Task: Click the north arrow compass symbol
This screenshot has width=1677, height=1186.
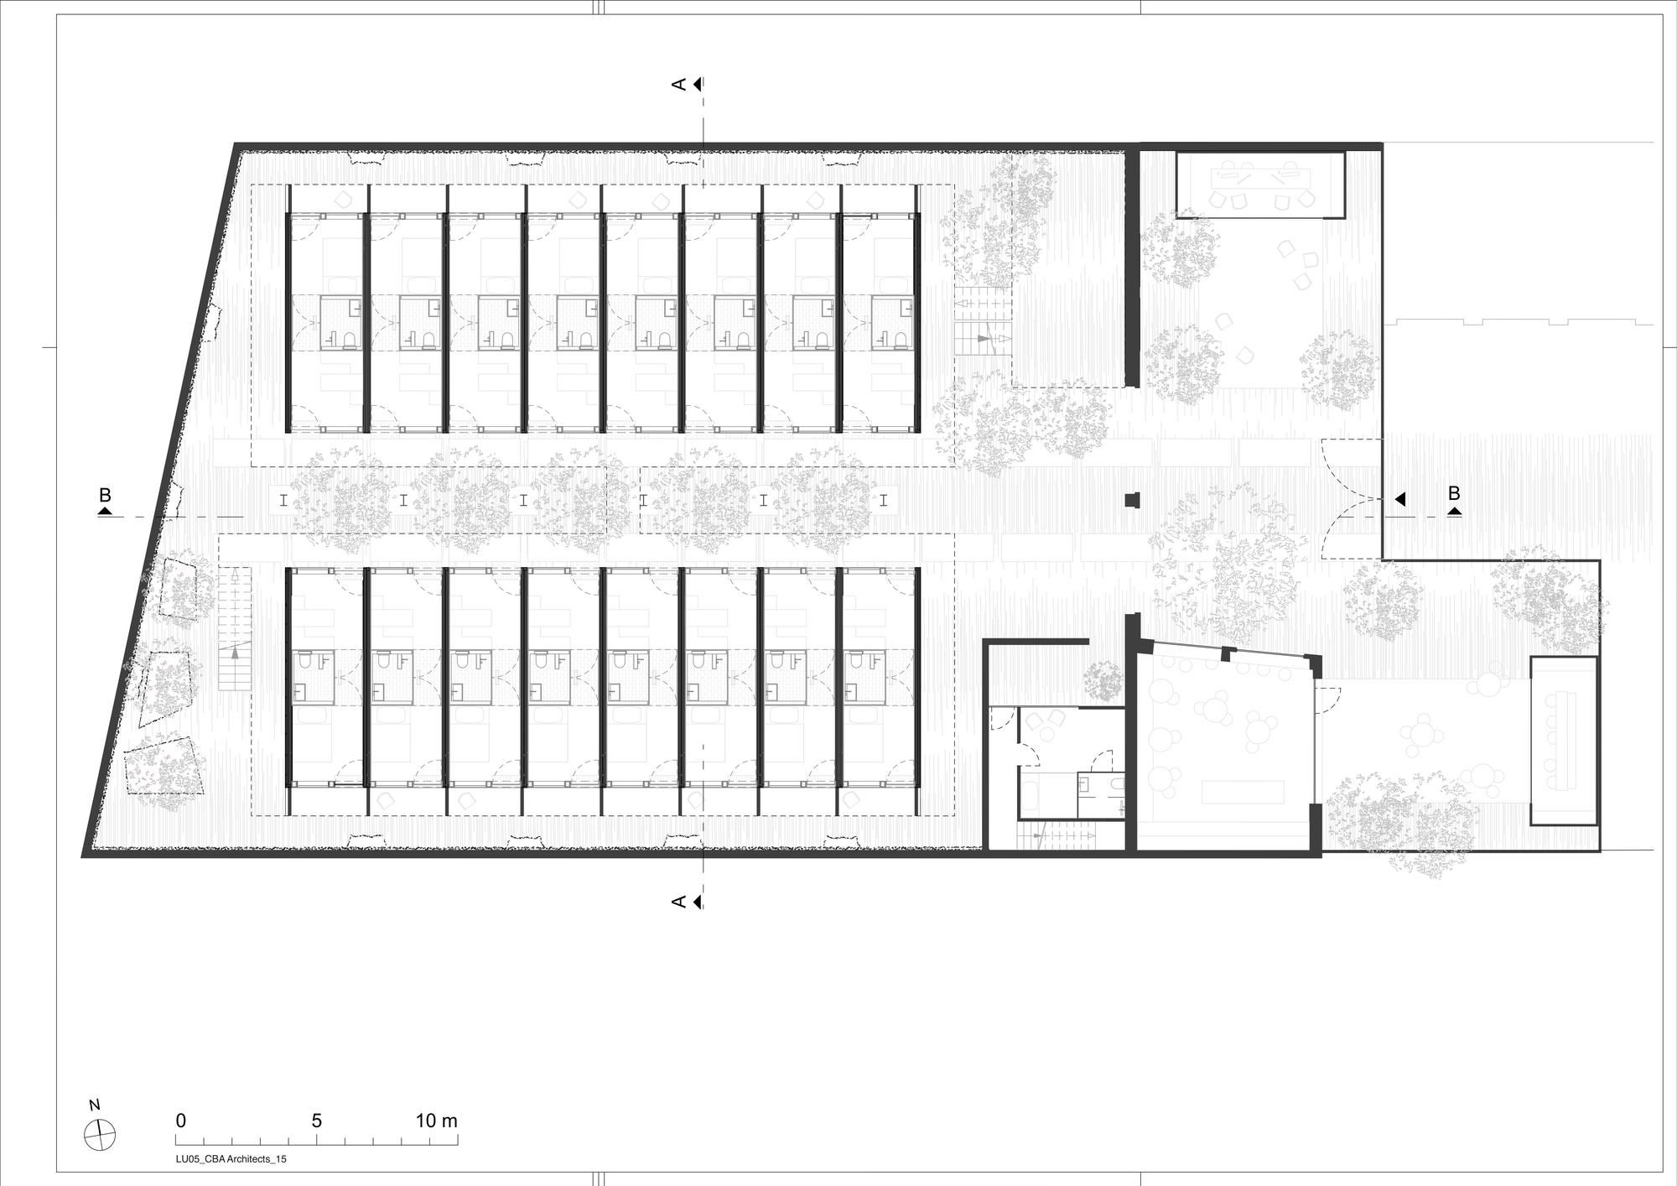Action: [x=100, y=1135]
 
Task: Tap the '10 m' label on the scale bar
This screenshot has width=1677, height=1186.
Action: [x=437, y=1121]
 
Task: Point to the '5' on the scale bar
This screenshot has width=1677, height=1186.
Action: [x=317, y=1121]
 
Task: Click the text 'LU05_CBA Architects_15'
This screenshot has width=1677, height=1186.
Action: [x=225, y=1158]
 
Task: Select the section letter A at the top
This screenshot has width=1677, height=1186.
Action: [x=679, y=84]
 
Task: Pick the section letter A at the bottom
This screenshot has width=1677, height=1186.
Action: [x=679, y=902]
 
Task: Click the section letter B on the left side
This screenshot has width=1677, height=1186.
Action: [x=105, y=495]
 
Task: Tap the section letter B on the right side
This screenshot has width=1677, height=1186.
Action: [x=1454, y=493]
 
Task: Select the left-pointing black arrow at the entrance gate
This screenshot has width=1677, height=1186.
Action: [x=1399, y=499]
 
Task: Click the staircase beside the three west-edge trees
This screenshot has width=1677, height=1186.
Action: [x=235, y=629]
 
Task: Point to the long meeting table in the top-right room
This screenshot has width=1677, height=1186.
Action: [x=1260, y=178]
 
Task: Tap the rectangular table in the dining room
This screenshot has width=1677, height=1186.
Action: [x=1243, y=790]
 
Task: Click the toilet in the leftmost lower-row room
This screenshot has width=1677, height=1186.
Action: [x=304, y=663]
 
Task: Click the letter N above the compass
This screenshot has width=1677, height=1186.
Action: [x=95, y=1105]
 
